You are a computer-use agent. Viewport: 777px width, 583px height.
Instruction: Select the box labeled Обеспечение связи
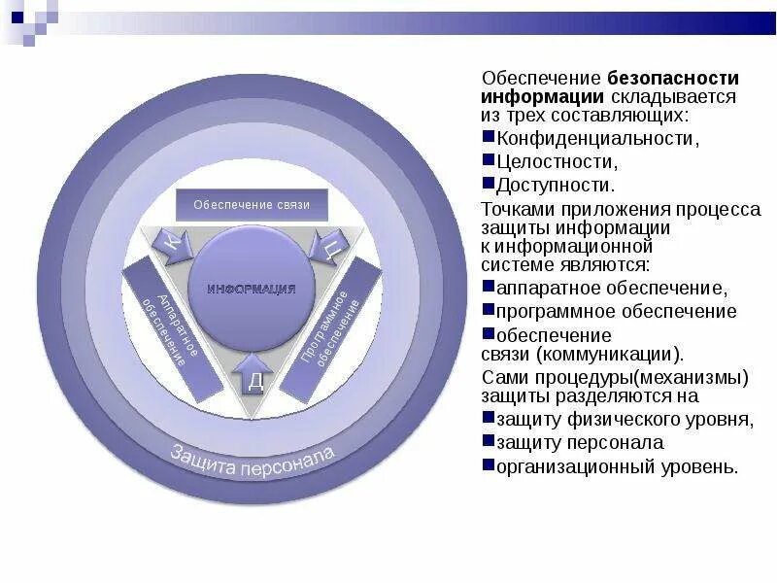click(252, 204)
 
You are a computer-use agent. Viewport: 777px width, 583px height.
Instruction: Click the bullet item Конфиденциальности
click(596, 139)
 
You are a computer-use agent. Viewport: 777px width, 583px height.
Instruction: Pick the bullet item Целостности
click(556, 161)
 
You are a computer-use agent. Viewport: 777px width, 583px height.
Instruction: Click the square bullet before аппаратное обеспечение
click(489, 288)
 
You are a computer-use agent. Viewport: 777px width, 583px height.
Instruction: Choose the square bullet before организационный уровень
click(489, 465)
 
